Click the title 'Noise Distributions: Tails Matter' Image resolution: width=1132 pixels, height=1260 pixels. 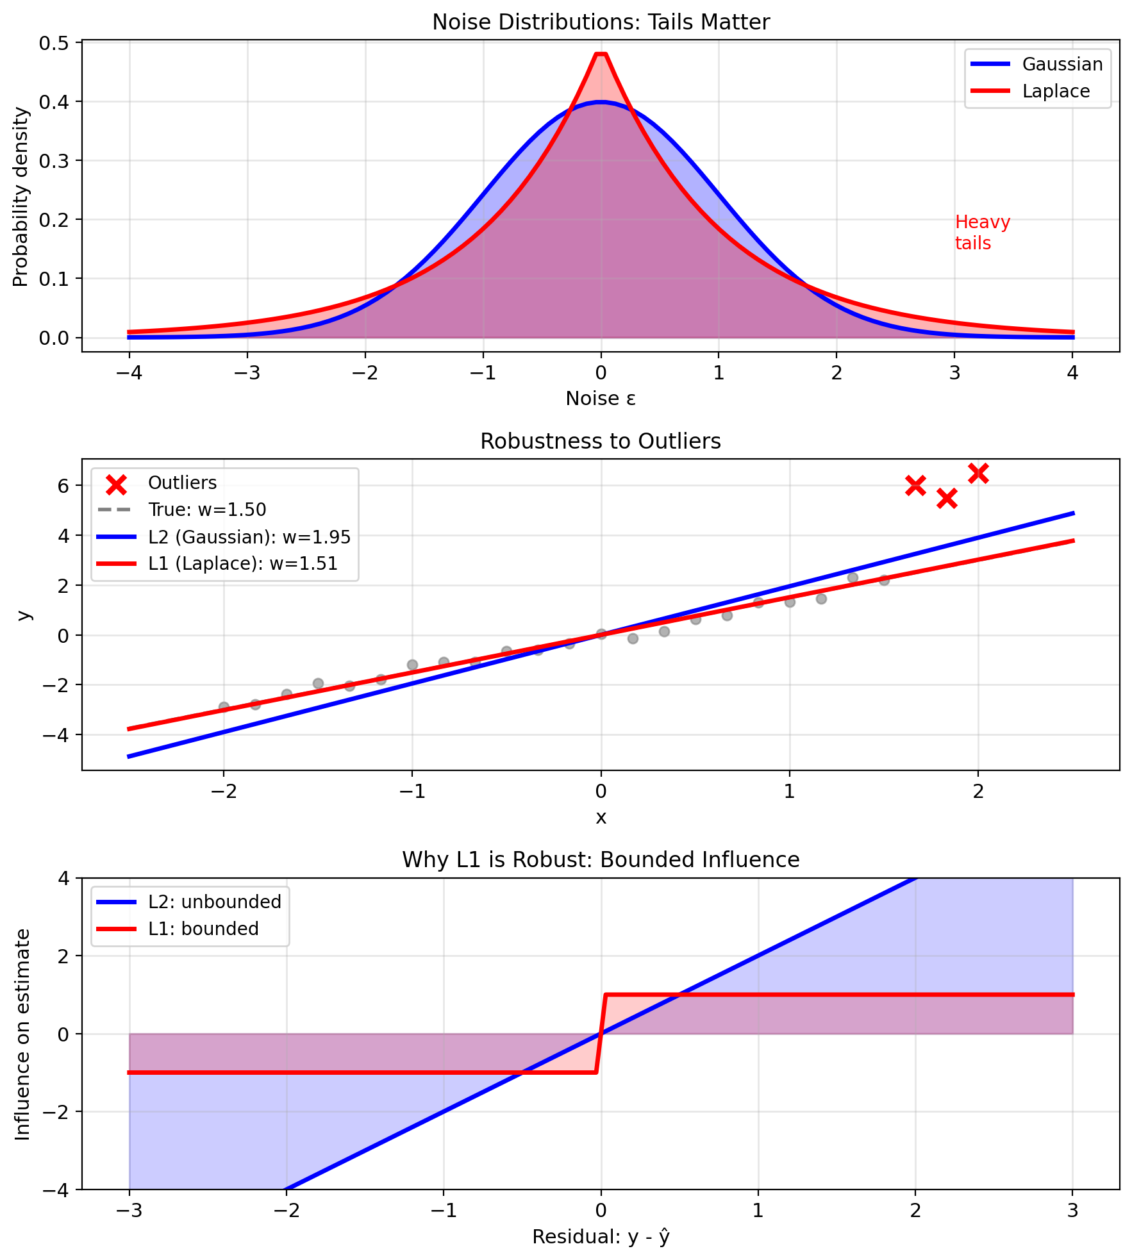point(601,22)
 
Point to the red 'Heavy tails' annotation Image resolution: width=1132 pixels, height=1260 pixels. point(981,233)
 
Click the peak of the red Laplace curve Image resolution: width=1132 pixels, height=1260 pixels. point(601,54)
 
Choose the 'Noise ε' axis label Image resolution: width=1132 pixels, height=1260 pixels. point(601,399)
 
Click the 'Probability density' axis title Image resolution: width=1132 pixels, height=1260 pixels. point(21,197)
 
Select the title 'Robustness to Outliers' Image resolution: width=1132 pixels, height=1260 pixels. point(601,442)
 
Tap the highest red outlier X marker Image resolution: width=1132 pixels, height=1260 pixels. point(978,474)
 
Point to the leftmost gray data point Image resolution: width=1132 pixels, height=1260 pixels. point(224,707)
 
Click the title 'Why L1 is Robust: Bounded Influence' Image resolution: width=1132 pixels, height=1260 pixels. point(601,860)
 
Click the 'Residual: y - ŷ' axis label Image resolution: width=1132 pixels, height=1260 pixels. point(601,1236)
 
